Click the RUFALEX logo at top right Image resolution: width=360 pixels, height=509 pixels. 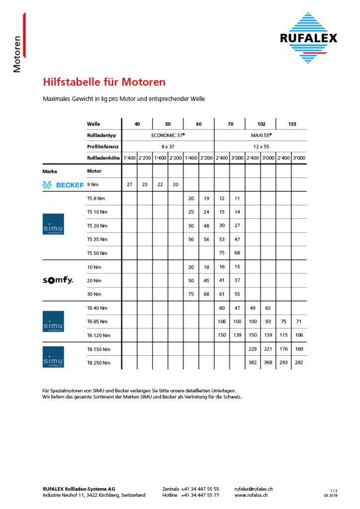[308, 38]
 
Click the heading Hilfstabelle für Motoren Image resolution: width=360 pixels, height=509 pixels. [104, 82]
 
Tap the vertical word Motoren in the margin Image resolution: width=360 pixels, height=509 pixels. [17, 54]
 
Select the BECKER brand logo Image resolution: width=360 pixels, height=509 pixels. [63, 185]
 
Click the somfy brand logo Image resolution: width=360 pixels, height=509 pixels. [58, 280]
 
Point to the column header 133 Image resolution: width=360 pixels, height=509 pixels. [291, 124]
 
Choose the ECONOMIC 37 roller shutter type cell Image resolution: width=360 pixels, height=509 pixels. [168, 135]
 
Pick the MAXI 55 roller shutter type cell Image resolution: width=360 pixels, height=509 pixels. [260, 135]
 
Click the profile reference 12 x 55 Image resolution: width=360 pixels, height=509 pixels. [260, 147]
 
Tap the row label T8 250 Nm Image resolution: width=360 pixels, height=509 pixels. [98, 363]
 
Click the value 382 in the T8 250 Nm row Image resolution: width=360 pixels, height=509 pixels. [253, 363]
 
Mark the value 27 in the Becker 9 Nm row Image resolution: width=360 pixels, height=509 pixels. [130, 185]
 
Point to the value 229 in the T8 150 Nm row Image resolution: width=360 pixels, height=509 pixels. [253, 349]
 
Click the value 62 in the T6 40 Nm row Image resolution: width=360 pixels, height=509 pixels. [268, 308]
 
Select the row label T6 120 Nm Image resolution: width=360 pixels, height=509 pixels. [98, 336]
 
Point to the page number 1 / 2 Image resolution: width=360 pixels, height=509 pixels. [334, 491]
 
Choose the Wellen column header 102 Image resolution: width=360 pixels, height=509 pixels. [261, 124]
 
